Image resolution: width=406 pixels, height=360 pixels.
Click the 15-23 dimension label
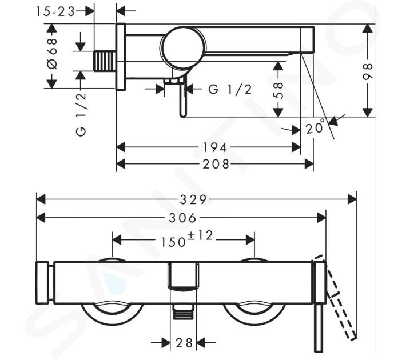[55, 11]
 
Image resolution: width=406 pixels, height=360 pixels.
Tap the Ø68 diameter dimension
[52, 54]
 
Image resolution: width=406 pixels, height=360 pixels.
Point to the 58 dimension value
[278, 90]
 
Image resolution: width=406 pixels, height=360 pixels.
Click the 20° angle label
[315, 126]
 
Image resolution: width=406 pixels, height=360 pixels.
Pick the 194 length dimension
[214, 148]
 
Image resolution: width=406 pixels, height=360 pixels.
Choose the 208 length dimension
[216, 164]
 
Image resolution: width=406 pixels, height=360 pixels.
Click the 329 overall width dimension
[193, 200]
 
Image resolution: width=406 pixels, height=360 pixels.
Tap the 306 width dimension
[182, 218]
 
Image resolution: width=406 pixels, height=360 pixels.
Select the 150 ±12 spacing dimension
[186, 239]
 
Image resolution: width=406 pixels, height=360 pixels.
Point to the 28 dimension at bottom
[184, 343]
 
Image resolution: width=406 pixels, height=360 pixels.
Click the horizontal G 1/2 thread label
[230, 90]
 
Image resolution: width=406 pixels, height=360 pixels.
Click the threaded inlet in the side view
[105, 62]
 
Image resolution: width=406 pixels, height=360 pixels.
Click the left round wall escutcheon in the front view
[112, 314]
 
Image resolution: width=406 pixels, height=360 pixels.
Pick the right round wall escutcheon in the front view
[254, 314]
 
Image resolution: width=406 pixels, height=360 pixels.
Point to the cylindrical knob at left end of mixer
[42, 283]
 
